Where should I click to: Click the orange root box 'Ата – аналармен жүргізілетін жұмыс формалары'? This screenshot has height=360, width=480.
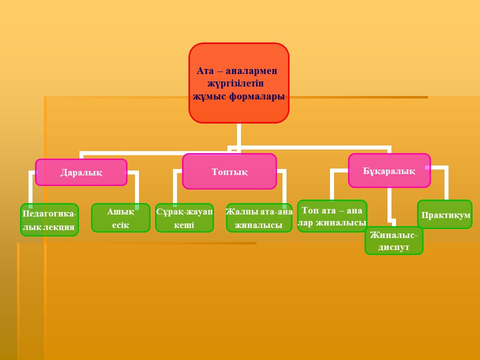[x=239, y=82]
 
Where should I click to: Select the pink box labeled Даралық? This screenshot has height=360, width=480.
[x=81, y=172]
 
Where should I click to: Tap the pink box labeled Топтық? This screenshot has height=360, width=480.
[x=229, y=171]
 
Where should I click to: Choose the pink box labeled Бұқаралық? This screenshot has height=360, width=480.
[x=389, y=170]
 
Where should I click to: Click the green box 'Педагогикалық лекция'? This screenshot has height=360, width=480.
[x=49, y=219]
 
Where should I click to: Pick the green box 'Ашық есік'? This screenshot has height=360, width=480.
[x=120, y=217]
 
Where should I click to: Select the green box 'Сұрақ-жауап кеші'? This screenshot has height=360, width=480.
[x=184, y=217]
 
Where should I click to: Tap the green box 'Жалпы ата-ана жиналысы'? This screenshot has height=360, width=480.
[x=259, y=217]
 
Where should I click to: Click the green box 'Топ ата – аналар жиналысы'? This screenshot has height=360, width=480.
[x=332, y=216]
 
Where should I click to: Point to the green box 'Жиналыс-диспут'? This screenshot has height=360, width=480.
[x=394, y=240]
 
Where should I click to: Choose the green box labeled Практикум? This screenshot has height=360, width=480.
[x=445, y=214]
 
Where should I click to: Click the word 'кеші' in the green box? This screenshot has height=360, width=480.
[x=184, y=225]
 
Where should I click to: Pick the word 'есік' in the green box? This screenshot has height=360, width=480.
[x=120, y=225]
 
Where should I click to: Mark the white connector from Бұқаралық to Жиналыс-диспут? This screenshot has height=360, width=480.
[x=389, y=205]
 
